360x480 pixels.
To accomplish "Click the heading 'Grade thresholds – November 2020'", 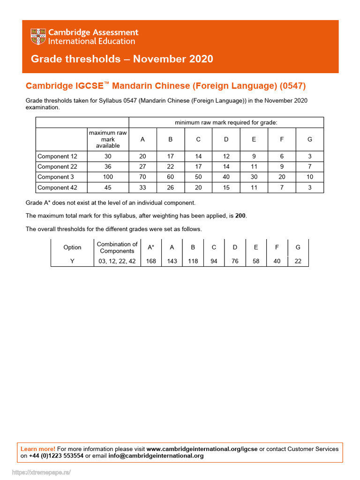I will coord(122,59).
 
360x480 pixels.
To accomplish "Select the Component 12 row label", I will coord(57,156).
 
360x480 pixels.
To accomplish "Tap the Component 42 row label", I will coord(57,187).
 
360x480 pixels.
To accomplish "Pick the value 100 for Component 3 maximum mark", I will coord(108,177).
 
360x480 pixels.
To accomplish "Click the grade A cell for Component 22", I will coord(142,167).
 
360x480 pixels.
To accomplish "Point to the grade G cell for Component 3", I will coord(309,177).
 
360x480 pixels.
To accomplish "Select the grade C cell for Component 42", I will coord(198,187).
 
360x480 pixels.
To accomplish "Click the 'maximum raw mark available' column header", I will coord(108,139).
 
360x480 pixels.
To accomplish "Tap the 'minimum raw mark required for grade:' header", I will coord(226,122).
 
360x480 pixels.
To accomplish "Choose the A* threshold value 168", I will coord(151,261).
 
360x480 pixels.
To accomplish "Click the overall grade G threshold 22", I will coord(298,261).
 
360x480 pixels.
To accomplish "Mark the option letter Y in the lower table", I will coord(72,261).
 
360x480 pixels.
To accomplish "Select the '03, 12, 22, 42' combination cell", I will coord(117,261).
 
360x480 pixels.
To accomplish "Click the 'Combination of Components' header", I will coord(117,247).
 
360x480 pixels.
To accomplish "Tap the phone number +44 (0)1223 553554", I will coord(56,456).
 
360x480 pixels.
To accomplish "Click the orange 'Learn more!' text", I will coord(38,449).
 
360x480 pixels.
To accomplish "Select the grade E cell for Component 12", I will coord(254,156).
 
